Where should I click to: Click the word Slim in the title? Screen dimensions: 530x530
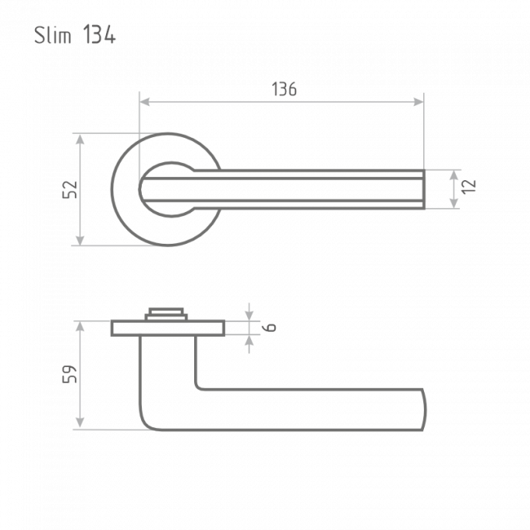[x=53, y=35]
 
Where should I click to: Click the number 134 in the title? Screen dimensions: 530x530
[x=99, y=34]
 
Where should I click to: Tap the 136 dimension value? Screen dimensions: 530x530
[x=285, y=89]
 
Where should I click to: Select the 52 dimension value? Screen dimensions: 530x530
[x=70, y=190]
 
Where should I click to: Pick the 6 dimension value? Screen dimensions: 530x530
[x=271, y=327]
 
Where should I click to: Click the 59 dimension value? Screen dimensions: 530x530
[x=70, y=374]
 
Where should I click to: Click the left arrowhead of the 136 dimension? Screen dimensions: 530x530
[x=144, y=101]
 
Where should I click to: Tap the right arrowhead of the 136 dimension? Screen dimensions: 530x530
[x=418, y=101]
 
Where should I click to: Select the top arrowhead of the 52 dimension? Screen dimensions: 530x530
[x=80, y=139]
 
